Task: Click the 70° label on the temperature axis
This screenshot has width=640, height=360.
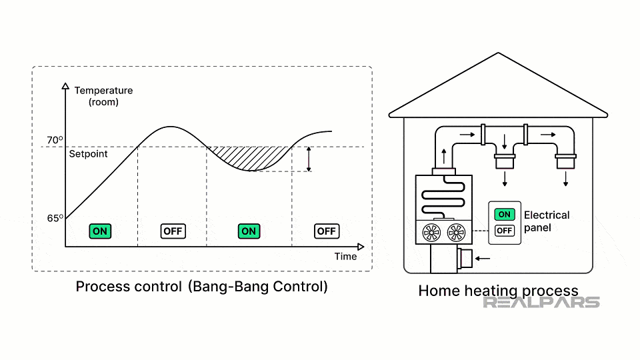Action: point(55,141)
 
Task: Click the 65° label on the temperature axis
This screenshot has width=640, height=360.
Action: point(55,218)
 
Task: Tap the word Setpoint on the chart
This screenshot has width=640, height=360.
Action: point(88,154)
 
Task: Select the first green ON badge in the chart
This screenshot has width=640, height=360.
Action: point(100,231)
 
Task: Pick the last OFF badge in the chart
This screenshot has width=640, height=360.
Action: point(327,231)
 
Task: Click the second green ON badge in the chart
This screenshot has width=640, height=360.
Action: point(249,231)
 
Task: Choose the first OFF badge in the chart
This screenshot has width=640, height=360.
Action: point(173,231)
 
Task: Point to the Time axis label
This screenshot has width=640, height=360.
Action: point(345,256)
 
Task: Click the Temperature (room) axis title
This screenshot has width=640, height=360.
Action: point(103,96)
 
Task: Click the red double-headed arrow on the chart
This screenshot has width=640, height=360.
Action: point(308,159)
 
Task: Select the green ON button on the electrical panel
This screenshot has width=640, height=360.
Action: point(505,214)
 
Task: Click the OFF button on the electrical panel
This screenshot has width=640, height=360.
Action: point(505,231)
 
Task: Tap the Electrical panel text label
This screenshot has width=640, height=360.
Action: point(547,221)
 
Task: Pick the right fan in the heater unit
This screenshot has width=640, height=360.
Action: point(457,232)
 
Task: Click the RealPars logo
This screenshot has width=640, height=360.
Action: point(541,302)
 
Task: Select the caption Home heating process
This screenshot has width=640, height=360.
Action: point(498,291)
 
